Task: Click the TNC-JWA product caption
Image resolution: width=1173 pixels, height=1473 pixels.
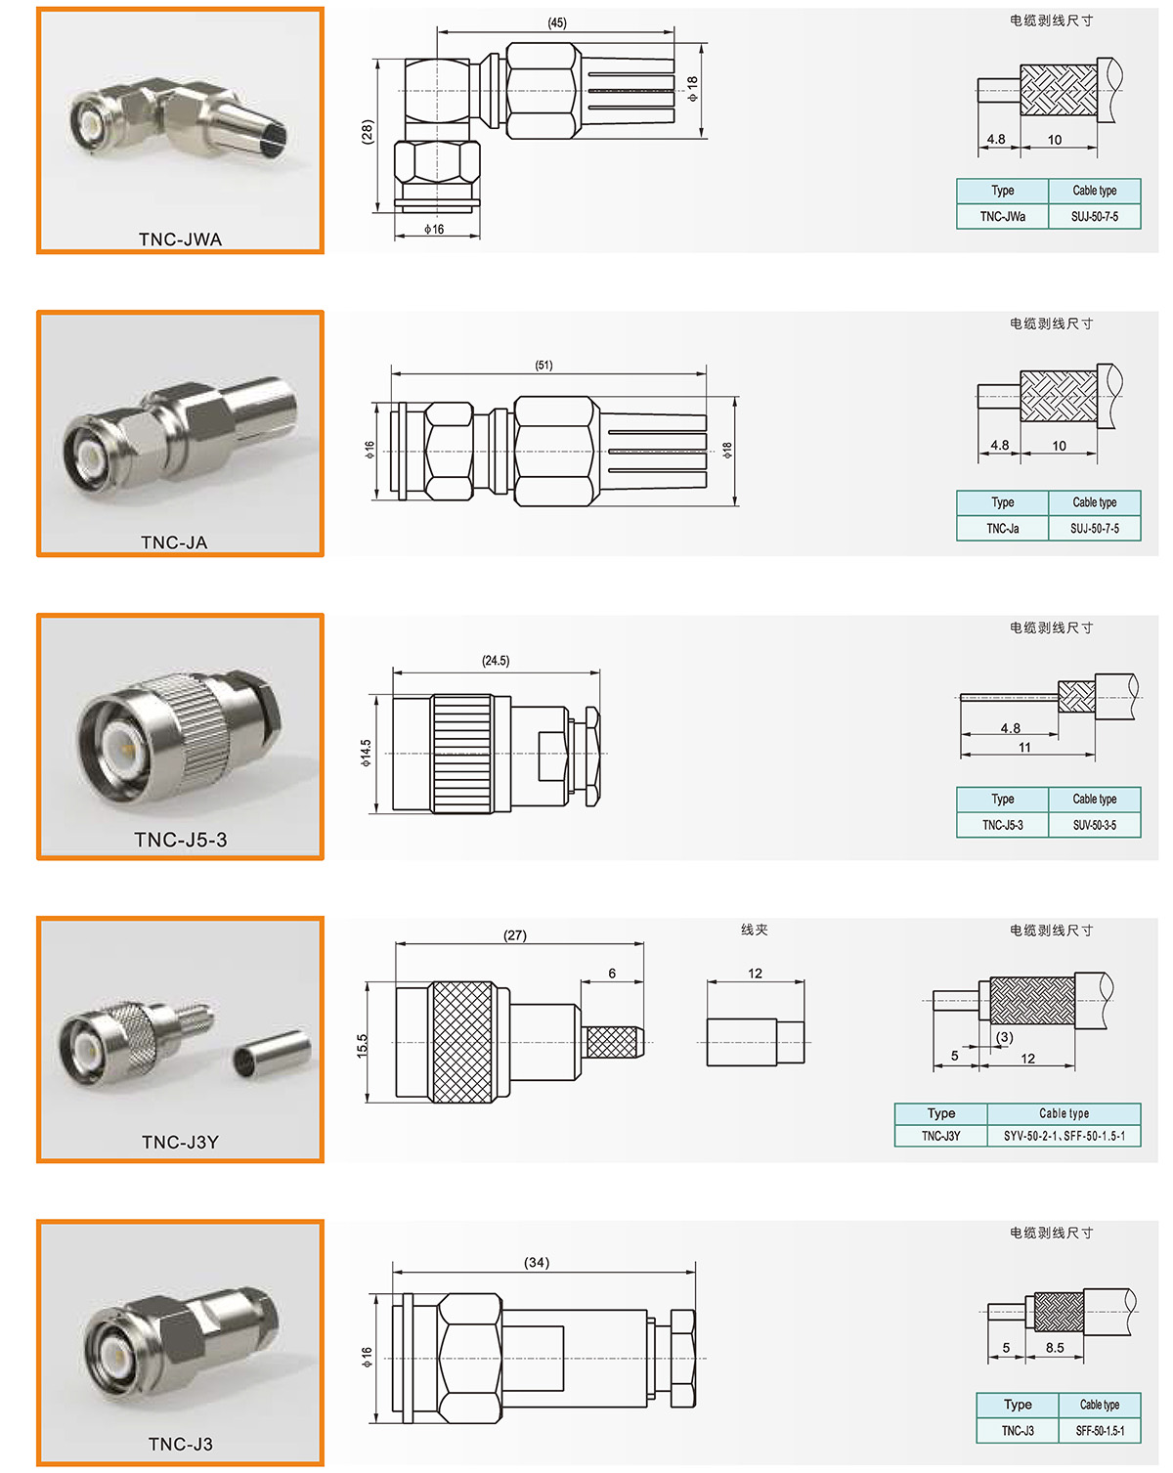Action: [x=180, y=238]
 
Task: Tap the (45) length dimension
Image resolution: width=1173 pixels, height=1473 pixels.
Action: [x=557, y=22]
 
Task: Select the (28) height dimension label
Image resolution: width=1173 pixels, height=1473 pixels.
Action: [x=368, y=131]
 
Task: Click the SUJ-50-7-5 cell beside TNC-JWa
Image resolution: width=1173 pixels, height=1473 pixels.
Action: [x=1094, y=216]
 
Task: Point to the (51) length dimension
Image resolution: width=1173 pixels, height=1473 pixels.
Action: [x=543, y=365]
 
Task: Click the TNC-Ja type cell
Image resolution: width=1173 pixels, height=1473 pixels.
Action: [x=1003, y=528]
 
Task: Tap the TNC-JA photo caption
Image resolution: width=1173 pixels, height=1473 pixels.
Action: [x=174, y=542]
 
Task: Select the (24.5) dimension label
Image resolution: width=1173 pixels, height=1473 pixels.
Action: [x=495, y=661]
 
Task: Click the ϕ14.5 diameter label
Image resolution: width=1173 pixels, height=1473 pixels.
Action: [x=366, y=753]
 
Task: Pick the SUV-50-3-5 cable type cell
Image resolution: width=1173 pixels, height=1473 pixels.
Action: [x=1094, y=825]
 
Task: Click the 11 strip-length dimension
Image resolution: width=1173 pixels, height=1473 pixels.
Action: [x=1024, y=747]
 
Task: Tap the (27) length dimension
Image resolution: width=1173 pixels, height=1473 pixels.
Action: [x=515, y=935]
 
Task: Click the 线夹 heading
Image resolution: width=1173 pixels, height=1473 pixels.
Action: [x=754, y=930]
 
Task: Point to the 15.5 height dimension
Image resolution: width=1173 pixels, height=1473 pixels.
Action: [x=363, y=1045]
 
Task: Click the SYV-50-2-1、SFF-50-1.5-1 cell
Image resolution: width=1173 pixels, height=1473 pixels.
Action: [x=1064, y=1136]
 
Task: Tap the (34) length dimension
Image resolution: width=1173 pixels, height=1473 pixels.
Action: [x=537, y=1262]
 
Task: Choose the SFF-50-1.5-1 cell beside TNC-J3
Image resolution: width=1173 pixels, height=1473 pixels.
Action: [x=1099, y=1430]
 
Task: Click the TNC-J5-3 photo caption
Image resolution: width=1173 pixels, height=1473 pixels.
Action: [x=180, y=840]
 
